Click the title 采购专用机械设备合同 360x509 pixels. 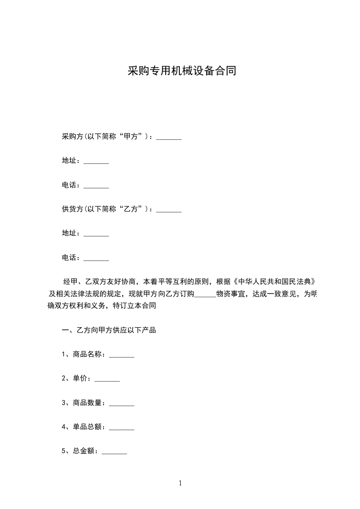coord(181,72)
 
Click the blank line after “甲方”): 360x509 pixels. coord(169,138)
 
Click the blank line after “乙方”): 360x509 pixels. coord(169,211)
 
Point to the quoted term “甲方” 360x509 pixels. coord(133,137)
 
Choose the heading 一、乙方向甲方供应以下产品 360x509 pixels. coord(109,330)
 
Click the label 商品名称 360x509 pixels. coord(89,354)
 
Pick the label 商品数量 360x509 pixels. coord(89,403)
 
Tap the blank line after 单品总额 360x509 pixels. coord(122,429)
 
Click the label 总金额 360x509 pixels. coord(84,451)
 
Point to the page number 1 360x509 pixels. coord(180,483)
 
